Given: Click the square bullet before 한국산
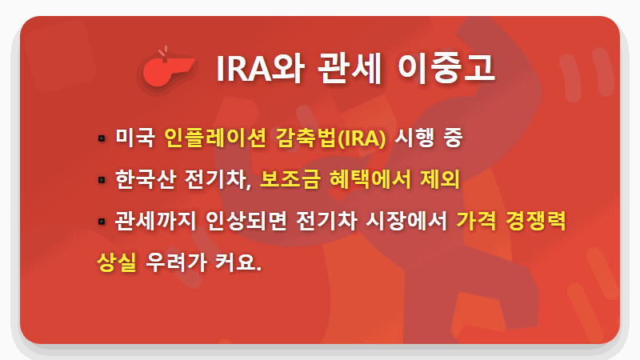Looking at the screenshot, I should click(x=101, y=180).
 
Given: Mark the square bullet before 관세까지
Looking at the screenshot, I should click(x=101, y=222).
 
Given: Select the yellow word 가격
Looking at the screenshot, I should click(x=478, y=221).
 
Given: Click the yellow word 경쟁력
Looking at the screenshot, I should click(x=539, y=221).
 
